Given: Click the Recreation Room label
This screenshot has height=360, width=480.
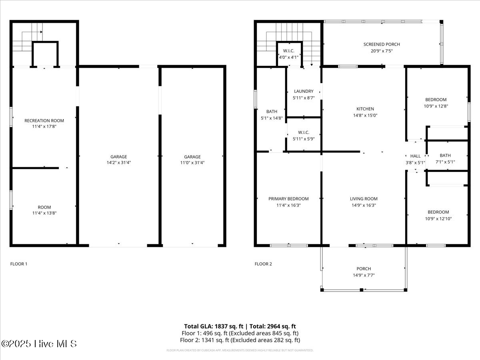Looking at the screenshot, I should point(44,120).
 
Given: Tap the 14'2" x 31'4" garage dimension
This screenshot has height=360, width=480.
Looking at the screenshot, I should point(119,163).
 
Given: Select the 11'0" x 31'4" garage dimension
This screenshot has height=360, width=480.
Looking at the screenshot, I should point(192,163).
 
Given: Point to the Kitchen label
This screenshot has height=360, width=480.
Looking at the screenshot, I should point(365,109).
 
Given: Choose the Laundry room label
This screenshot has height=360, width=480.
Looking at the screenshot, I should point(304,91).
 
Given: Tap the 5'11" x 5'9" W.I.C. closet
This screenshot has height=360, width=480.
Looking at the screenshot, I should point(304,136).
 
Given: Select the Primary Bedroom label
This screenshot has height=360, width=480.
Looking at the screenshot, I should point(288,199).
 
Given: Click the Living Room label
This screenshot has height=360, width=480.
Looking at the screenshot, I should point(363,199).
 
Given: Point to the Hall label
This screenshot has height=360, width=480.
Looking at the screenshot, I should point(415,156).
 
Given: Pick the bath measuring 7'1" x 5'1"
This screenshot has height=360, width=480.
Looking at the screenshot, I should point(445,159).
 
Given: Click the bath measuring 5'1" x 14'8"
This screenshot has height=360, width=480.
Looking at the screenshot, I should point(272,115).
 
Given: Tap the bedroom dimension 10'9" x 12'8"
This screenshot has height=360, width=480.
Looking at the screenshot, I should point(436,106).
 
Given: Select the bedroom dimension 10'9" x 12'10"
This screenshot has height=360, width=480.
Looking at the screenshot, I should point(438,218).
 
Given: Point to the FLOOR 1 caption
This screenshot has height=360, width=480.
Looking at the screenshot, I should point(19,264).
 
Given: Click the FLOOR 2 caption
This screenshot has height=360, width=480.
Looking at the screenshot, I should point(263,264).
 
